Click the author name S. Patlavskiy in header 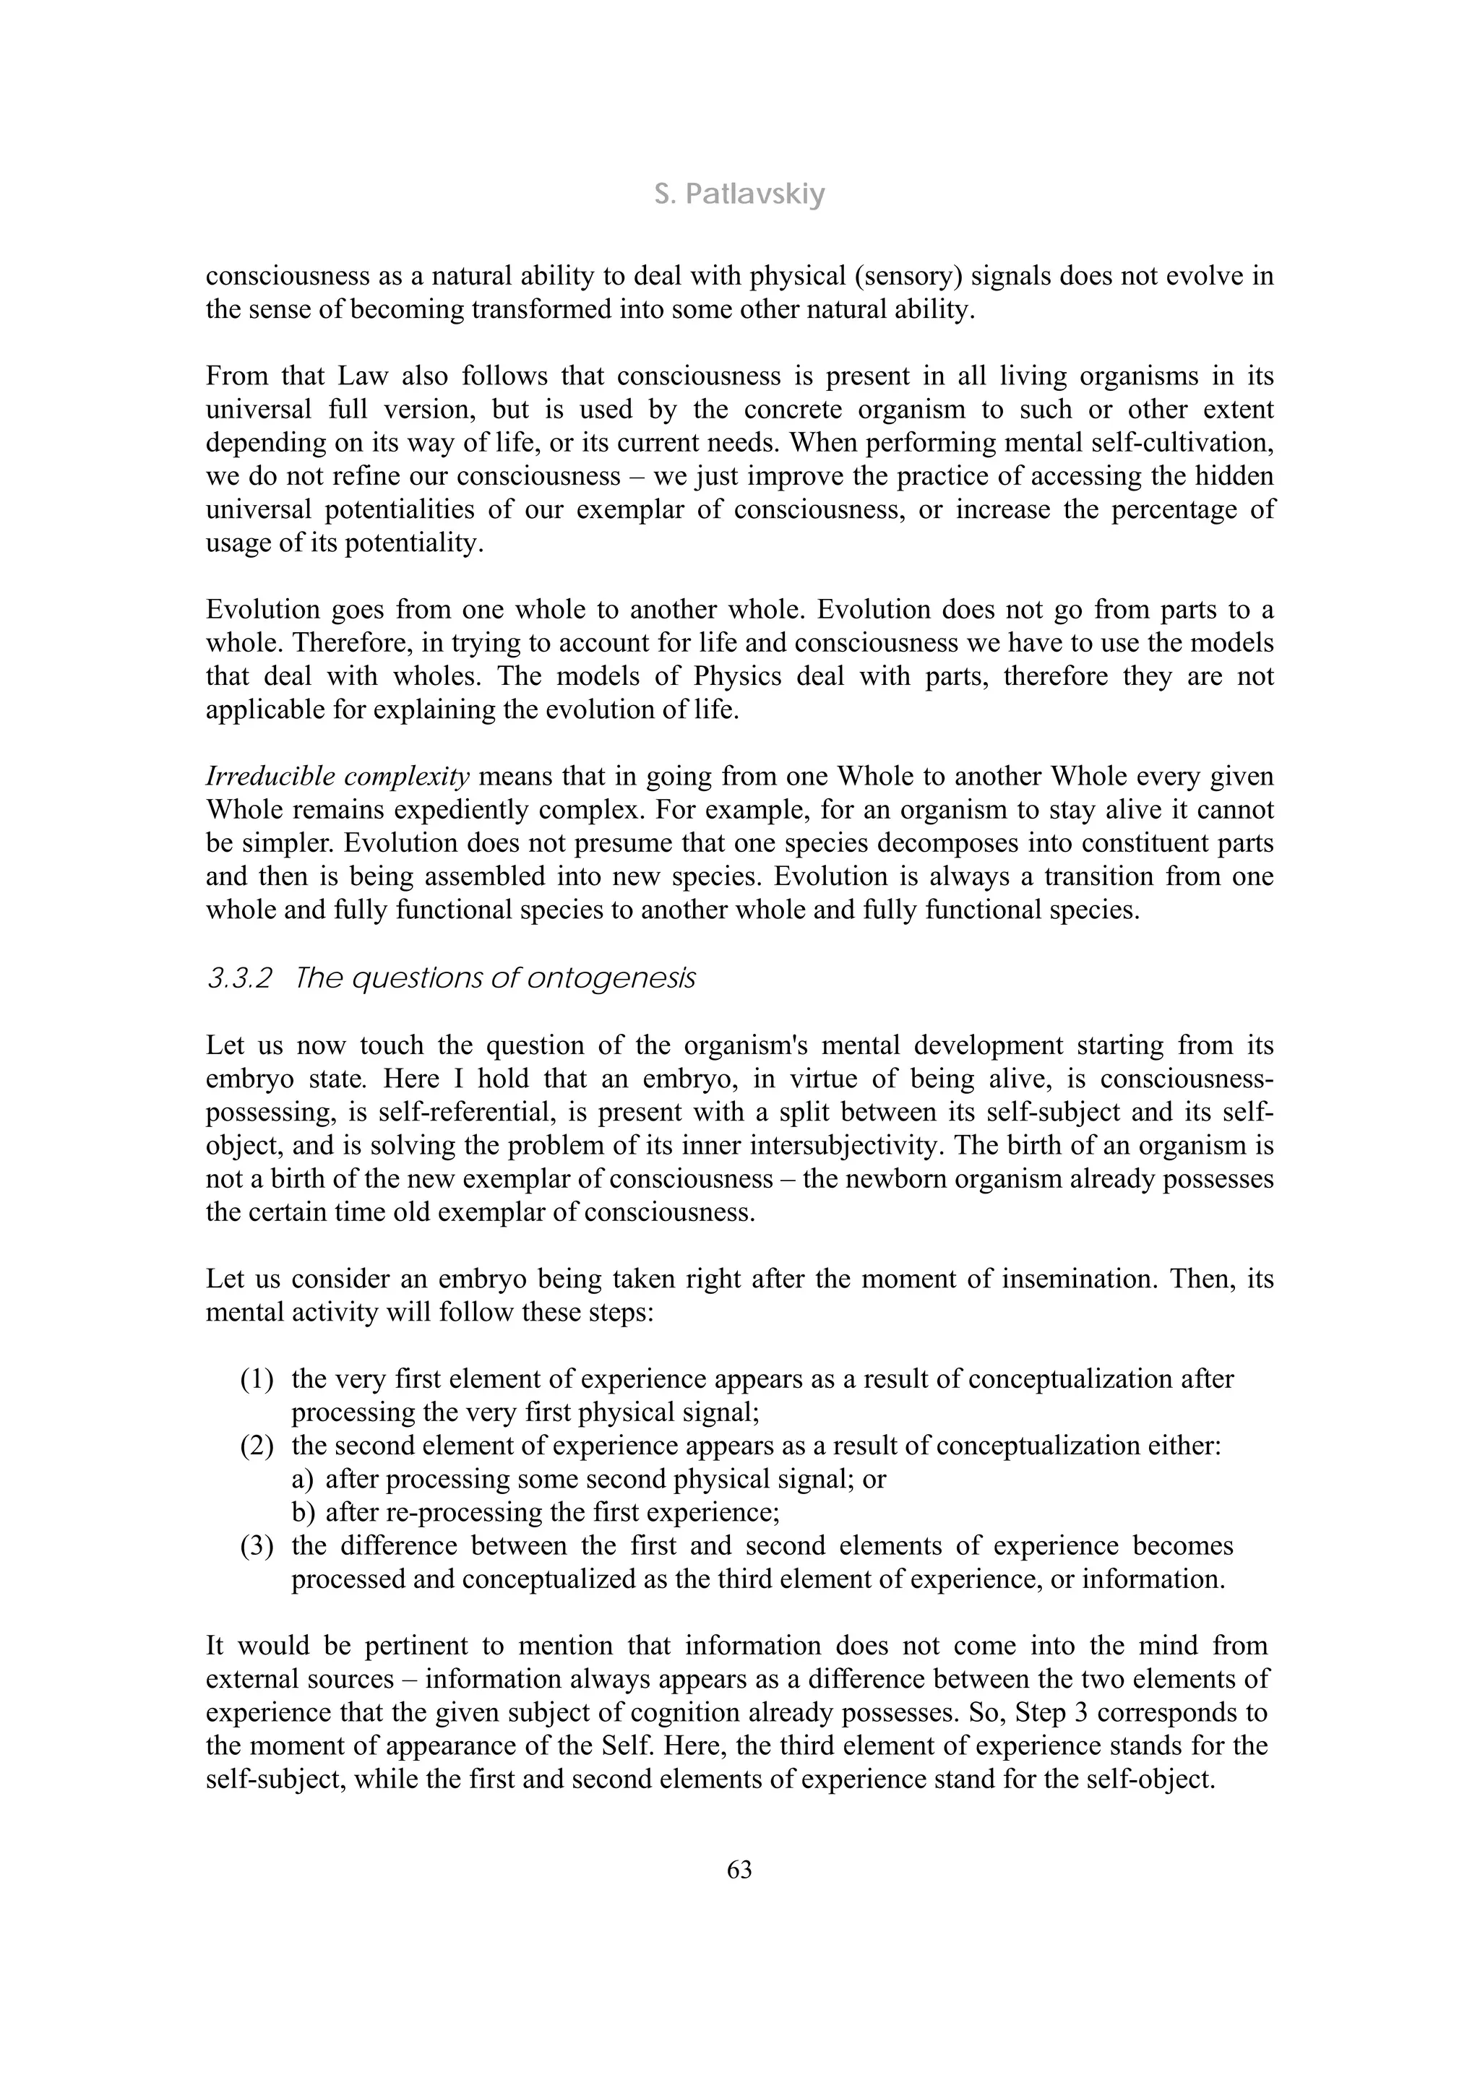pos(739,194)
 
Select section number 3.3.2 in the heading pos(239,978)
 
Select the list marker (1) pos(257,1379)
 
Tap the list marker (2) pos(257,1446)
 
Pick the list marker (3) pos(257,1546)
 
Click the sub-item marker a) pos(303,1480)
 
